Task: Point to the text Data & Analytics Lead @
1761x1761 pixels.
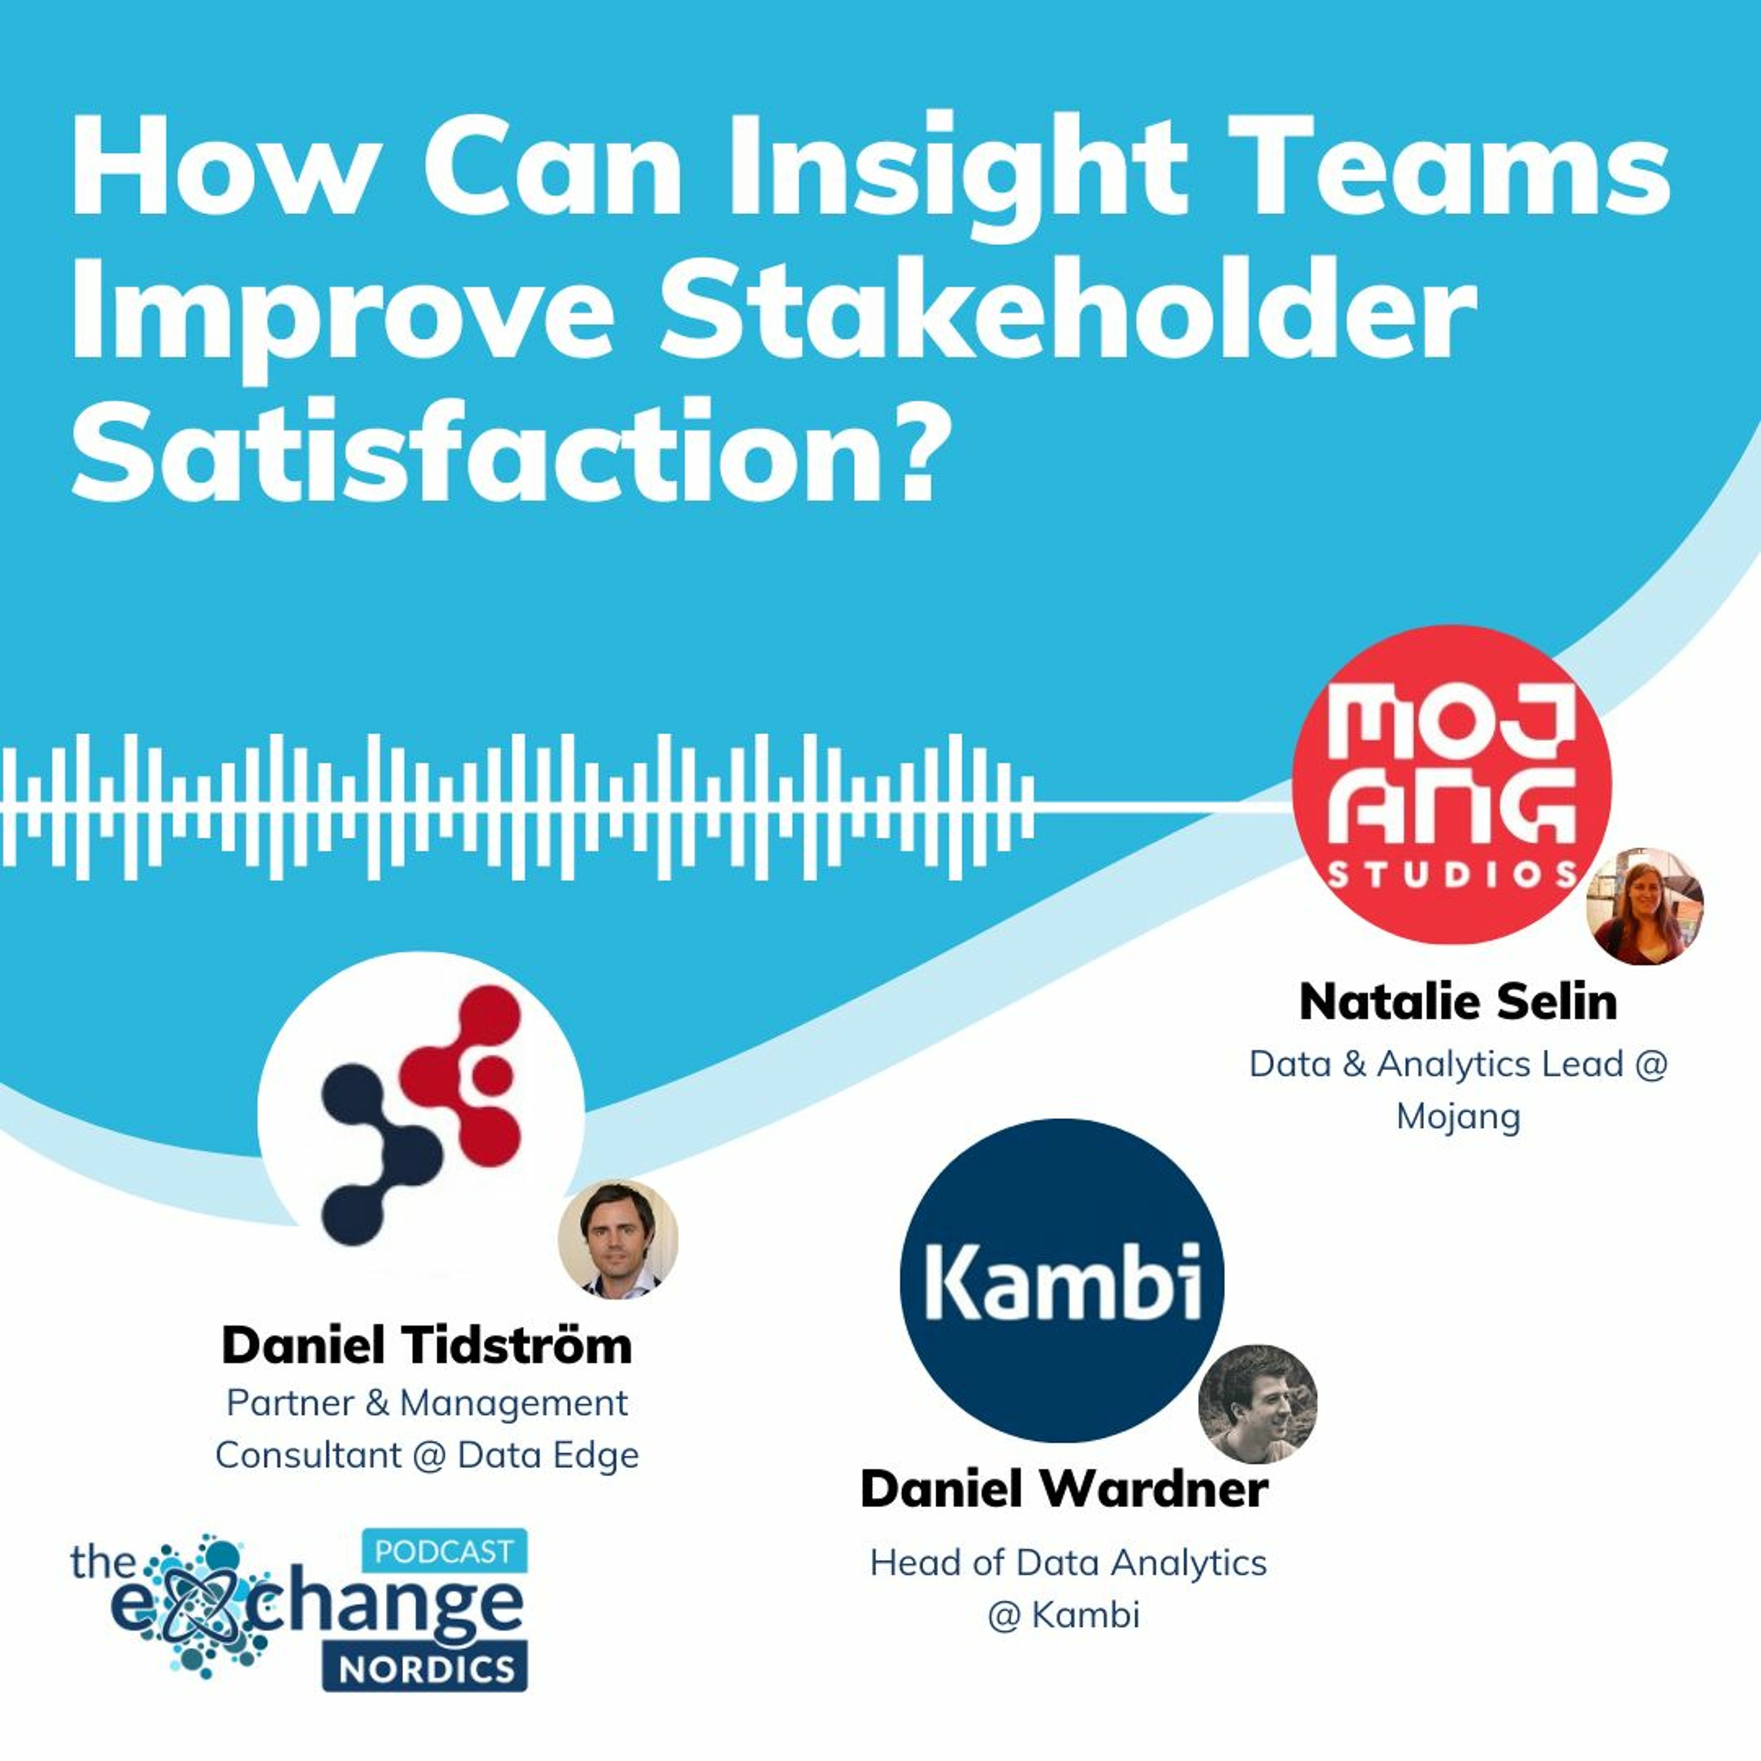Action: coord(1458,1064)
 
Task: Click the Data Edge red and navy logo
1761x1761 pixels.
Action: coord(421,1114)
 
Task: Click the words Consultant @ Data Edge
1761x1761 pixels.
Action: coord(427,1454)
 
